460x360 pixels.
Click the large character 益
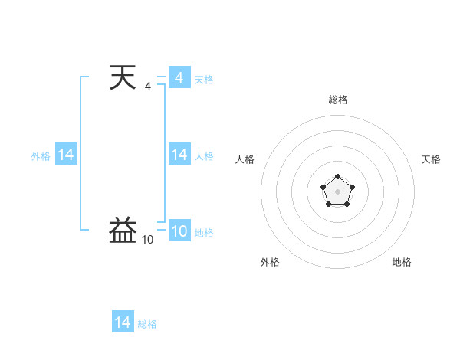click(x=123, y=230)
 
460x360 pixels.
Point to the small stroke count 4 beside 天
click(x=148, y=87)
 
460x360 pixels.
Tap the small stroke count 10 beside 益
click(x=147, y=240)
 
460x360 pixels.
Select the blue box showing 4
click(x=179, y=78)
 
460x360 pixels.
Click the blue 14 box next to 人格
click(x=179, y=155)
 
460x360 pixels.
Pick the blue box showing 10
click(x=179, y=231)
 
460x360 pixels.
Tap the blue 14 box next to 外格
click(x=66, y=155)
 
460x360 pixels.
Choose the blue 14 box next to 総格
click(x=123, y=322)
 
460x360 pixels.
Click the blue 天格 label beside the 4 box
click(x=204, y=79)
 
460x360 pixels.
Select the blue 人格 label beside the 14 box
click(x=204, y=155)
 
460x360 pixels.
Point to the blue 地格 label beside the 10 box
click(x=204, y=232)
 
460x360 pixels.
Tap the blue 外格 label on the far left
click(x=41, y=155)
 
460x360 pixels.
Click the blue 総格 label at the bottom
click(x=147, y=323)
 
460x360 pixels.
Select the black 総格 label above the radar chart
click(x=337, y=100)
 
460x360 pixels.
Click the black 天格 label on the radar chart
click(x=432, y=159)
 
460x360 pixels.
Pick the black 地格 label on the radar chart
click(x=402, y=262)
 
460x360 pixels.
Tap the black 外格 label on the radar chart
click(x=270, y=262)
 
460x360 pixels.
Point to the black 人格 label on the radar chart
click(x=245, y=159)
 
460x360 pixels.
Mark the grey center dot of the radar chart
click(x=337, y=191)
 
